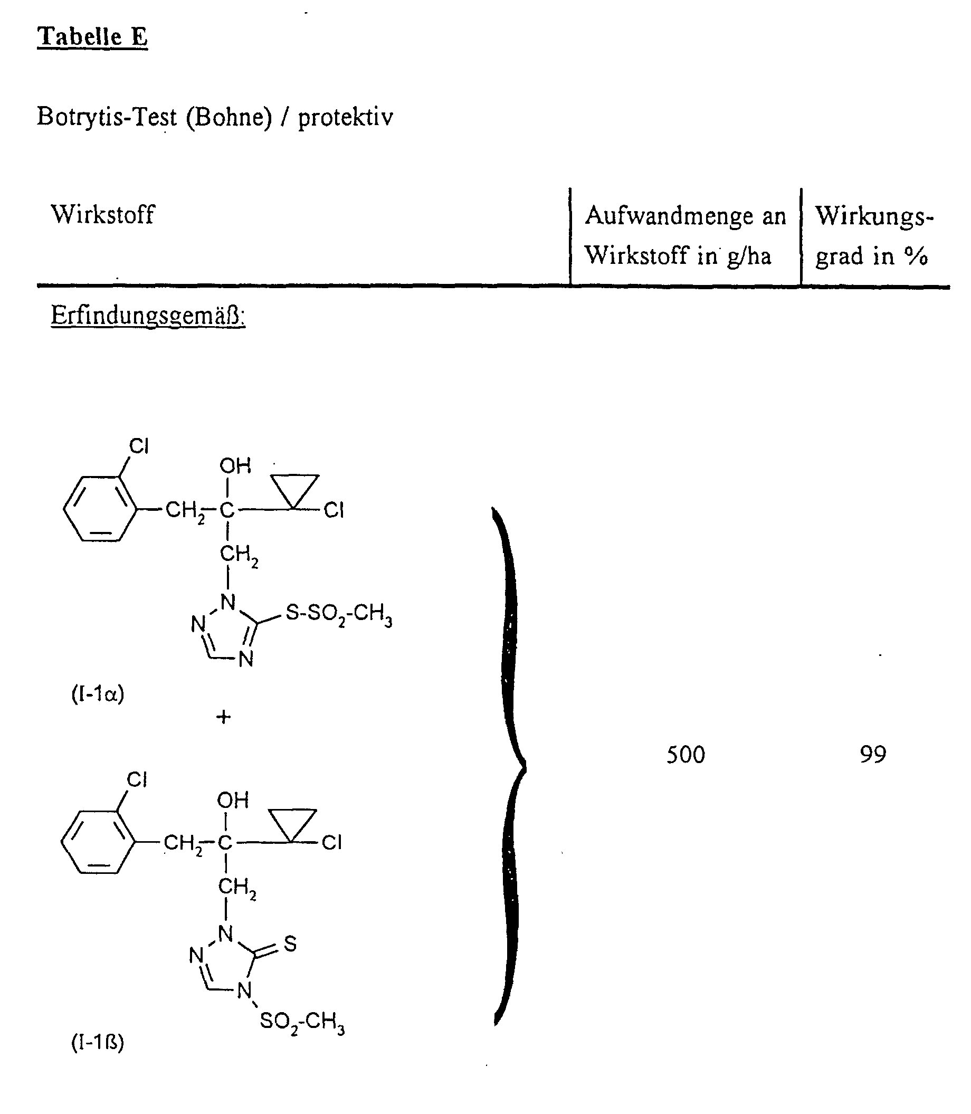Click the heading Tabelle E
(x=92, y=37)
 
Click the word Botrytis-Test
(x=107, y=117)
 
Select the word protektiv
(x=345, y=117)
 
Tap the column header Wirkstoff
(x=102, y=214)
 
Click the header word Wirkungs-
(x=874, y=216)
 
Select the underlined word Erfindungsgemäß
(x=147, y=315)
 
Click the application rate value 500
(x=686, y=755)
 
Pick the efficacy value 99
(x=872, y=754)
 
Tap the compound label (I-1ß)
(x=98, y=1041)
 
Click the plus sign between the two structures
(x=223, y=717)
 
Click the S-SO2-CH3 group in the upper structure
(x=338, y=615)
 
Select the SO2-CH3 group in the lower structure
(x=302, y=1022)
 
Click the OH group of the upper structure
(x=235, y=465)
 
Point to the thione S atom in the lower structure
(x=290, y=944)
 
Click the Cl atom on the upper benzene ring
(x=139, y=446)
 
